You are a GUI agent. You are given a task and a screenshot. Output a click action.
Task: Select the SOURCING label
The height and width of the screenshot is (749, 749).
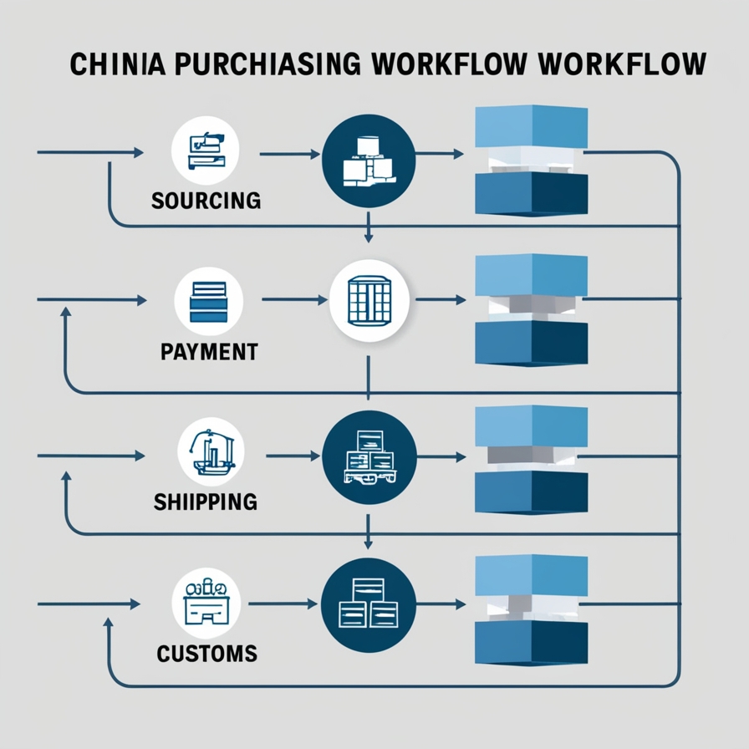point(206,201)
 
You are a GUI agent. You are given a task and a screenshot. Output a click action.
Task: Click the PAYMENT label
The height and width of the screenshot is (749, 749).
point(208,351)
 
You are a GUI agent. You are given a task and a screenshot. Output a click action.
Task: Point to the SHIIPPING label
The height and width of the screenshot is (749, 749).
point(206,502)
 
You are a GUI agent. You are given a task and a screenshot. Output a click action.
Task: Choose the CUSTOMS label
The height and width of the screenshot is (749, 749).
point(206,652)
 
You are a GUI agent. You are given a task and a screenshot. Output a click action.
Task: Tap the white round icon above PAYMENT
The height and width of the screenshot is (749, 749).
point(209,301)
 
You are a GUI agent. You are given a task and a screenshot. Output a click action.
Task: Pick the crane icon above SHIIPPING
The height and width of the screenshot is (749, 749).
point(208,451)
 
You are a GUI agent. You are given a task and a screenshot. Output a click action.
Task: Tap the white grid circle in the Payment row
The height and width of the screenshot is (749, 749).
point(369,300)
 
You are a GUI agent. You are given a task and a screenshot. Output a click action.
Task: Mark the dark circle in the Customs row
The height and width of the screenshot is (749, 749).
point(369,605)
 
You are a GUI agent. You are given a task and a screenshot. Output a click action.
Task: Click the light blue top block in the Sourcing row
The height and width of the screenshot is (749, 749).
point(531,128)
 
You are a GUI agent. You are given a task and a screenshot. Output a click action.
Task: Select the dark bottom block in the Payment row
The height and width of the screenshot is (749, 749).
point(531,343)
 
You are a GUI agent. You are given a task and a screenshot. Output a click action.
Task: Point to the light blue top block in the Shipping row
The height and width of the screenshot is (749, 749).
point(531,426)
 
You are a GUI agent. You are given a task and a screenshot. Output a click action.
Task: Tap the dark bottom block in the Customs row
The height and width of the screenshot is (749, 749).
point(531,641)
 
